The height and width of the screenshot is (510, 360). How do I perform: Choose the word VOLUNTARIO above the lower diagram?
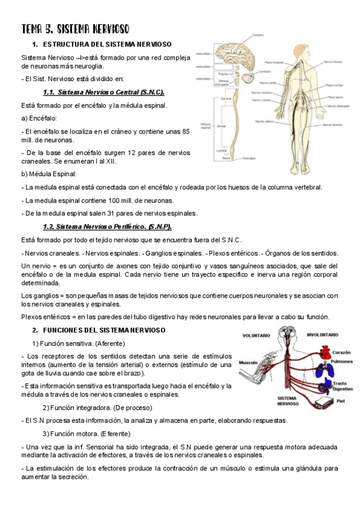[x=256, y=335]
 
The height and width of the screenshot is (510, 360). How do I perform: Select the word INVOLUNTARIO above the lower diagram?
[x=325, y=334]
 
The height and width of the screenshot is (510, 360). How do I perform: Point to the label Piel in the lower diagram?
[x=340, y=401]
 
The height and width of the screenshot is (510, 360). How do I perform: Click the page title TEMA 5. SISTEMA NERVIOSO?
[x=75, y=29]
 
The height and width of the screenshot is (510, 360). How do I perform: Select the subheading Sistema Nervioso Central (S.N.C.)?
[x=104, y=92]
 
